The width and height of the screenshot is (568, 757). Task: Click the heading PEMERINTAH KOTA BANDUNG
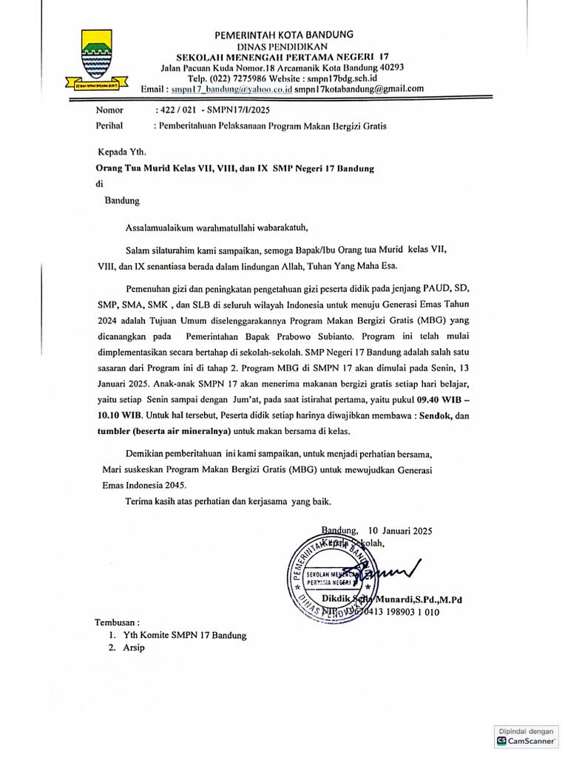283,34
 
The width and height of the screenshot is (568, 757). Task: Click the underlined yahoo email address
231,89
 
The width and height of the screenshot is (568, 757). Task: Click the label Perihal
109,126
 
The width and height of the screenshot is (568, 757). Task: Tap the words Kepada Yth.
116,153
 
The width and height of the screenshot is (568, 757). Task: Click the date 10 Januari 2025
400,530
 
